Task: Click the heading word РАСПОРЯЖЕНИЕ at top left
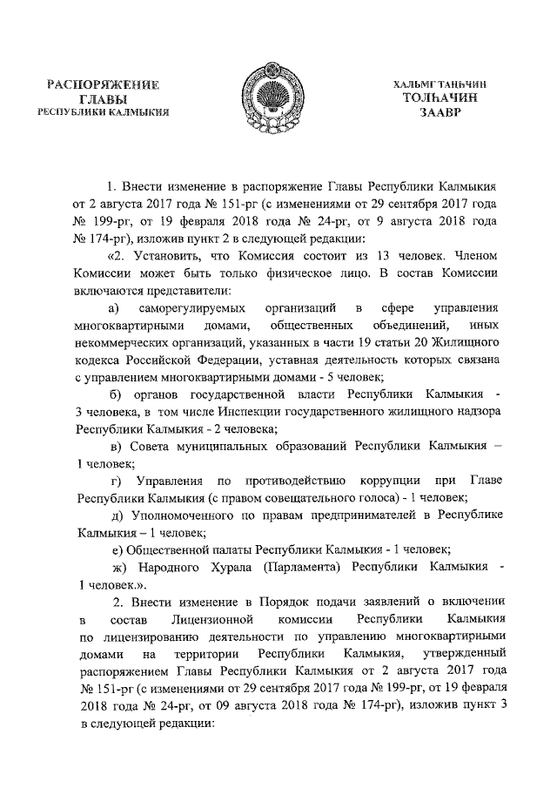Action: coord(104,85)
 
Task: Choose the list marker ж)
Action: coord(116,567)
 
